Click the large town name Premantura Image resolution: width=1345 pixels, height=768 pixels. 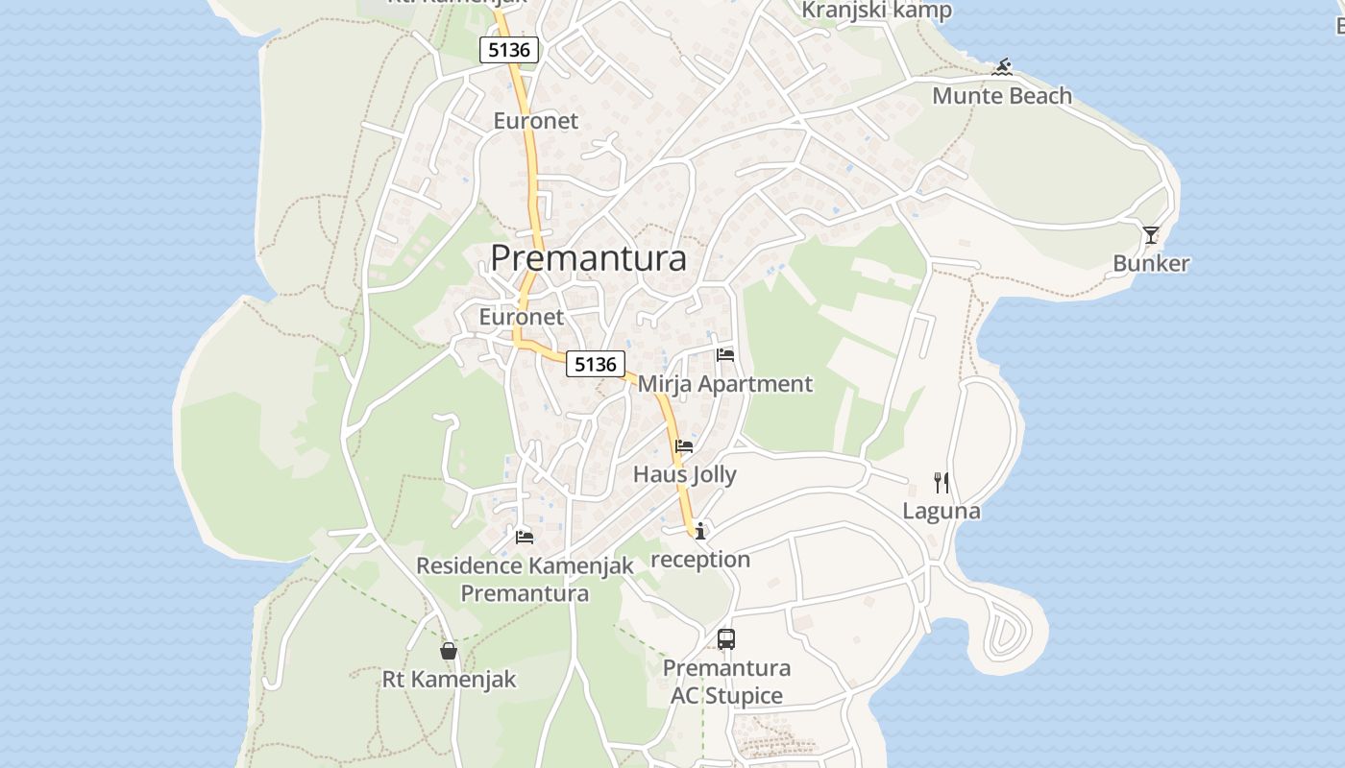pyautogui.click(x=589, y=258)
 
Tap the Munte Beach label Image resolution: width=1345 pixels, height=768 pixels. pyautogui.click(x=1002, y=96)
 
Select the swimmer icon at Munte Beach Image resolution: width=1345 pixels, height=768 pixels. pyautogui.click(x=1003, y=68)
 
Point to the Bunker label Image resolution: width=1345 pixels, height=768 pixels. pyautogui.click(x=1151, y=263)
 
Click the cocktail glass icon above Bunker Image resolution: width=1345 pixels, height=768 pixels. pyautogui.click(x=1151, y=235)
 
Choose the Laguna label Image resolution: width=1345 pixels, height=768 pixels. pyautogui.click(x=941, y=511)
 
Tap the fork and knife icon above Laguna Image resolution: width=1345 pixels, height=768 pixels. pyautogui.click(x=941, y=482)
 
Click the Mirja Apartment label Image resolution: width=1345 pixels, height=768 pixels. pyautogui.click(x=725, y=384)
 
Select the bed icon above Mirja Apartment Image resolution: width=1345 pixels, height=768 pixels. pyautogui.click(x=725, y=355)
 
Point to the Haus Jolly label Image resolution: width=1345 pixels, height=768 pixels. pyautogui.click(x=685, y=474)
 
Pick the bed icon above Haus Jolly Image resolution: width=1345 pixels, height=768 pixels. pyautogui.click(x=684, y=446)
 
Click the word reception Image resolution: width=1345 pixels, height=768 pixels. pyautogui.click(x=700, y=559)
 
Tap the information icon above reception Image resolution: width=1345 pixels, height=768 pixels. pyautogui.click(x=700, y=530)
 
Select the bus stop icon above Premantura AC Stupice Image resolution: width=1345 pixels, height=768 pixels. pyautogui.click(x=726, y=639)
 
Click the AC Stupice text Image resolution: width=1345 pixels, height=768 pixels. pyautogui.click(x=727, y=696)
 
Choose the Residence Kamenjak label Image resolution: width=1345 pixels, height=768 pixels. pyautogui.click(x=525, y=565)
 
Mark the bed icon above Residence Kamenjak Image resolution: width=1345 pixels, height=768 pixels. pyautogui.click(x=525, y=537)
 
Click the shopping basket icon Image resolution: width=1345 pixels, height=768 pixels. pyautogui.click(x=449, y=651)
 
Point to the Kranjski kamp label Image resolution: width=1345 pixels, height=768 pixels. pyautogui.click(x=877, y=11)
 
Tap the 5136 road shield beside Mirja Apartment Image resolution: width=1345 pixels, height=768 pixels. pyautogui.click(x=596, y=364)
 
